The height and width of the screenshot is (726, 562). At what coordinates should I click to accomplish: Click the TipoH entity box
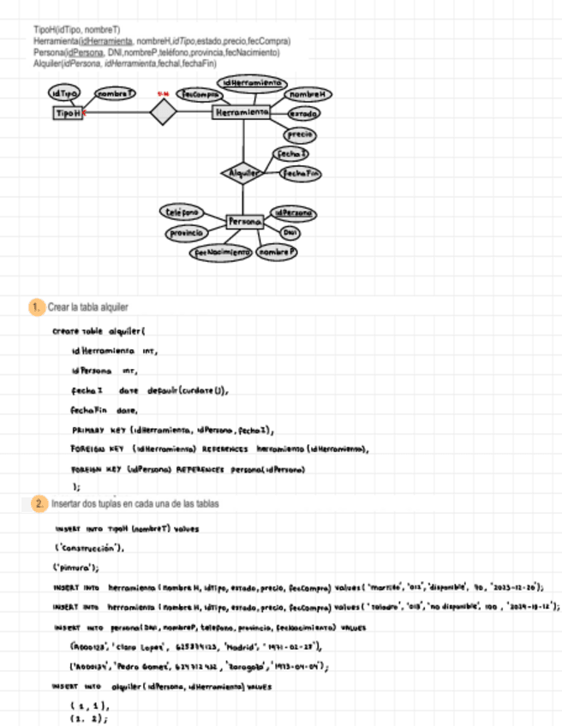coord(68,112)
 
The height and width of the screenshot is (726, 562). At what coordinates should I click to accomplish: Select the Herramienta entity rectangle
coord(241,112)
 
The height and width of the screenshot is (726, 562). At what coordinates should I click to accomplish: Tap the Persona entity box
coord(244,222)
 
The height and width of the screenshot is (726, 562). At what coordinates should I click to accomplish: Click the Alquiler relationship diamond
coord(243,173)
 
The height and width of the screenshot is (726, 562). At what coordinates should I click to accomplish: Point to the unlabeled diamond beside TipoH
coord(162,112)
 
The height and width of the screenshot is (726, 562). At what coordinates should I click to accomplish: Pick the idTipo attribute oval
coord(64,92)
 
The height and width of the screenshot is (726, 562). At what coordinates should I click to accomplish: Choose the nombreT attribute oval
coord(115,92)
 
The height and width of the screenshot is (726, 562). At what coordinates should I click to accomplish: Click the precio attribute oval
coord(299,134)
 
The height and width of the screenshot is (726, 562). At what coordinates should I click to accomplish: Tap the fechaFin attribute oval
coord(301,173)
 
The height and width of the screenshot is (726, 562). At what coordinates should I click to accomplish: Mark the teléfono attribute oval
coord(180,211)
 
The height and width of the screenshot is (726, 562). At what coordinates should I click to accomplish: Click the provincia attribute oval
coord(186,233)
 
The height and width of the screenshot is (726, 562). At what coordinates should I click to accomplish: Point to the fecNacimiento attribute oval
coord(221,253)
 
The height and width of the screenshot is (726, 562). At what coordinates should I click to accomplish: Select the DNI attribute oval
coord(290,233)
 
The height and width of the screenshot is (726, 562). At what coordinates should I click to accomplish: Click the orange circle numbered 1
coord(36,306)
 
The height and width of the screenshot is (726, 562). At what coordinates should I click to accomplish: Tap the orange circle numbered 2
coord(39,504)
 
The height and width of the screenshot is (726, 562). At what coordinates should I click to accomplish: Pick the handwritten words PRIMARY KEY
coord(99,431)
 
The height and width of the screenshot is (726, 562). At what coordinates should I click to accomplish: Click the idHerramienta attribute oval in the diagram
coord(251,82)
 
